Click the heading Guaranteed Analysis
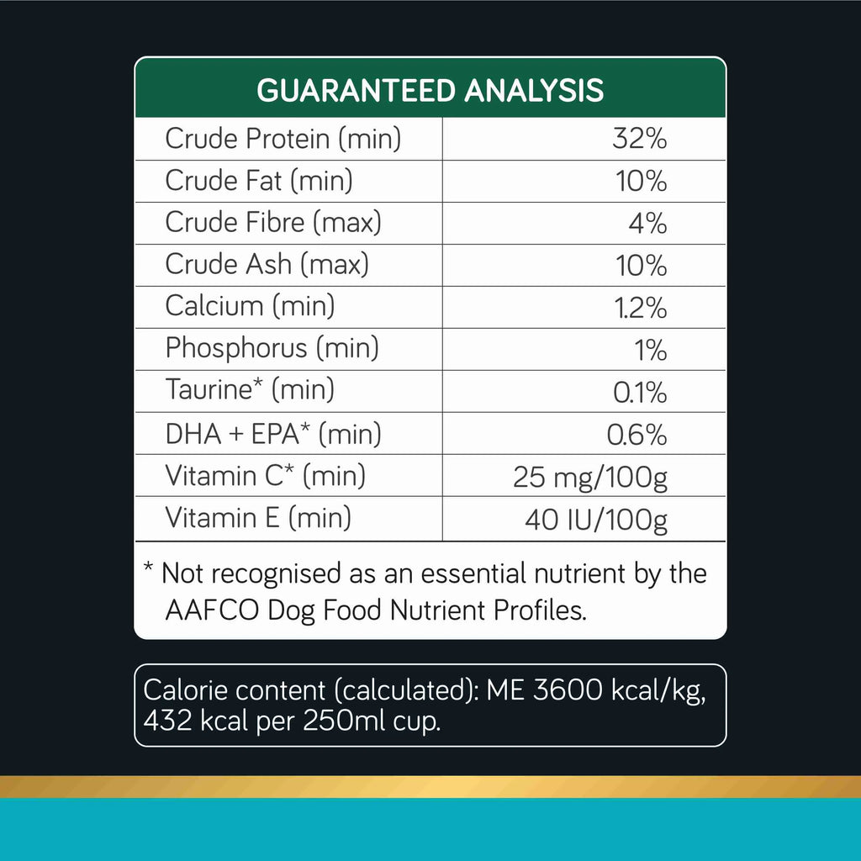pyautogui.click(x=430, y=91)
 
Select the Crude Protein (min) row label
pyautogui.click(x=283, y=139)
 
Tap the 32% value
pyautogui.click(x=640, y=139)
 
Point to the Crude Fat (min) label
pyautogui.click(x=259, y=181)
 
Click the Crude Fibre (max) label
pyautogui.click(x=273, y=222)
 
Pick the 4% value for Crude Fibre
pyautogui.click(x=648, y=223)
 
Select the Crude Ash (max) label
pyautogui.click(x=267, y=264)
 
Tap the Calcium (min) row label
pyautogui.click(x=250, y=306)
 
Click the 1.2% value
pyautogui.click(x=641, y=308)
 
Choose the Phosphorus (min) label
pyautogui.click(x=272, y=348)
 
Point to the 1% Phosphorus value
pyautogui.click(x=651, y=350)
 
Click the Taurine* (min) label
pyautogui.click(x=250, y=390)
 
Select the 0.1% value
pyautogui.click(x=640, y=392)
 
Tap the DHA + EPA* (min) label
pyautogui.click(x=273, y=434)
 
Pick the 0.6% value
pyautogui.click(x=637, y=435)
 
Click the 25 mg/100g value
pyautogui.click(x=590, y=477)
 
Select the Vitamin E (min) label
pyautogui.click(x=258, y=518)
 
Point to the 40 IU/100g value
pyautogui.click(x=596, y=519)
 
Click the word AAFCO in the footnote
pyautogui.click(x=212, y=610)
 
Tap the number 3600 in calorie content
pyautogui.click(x=568, y=689)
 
